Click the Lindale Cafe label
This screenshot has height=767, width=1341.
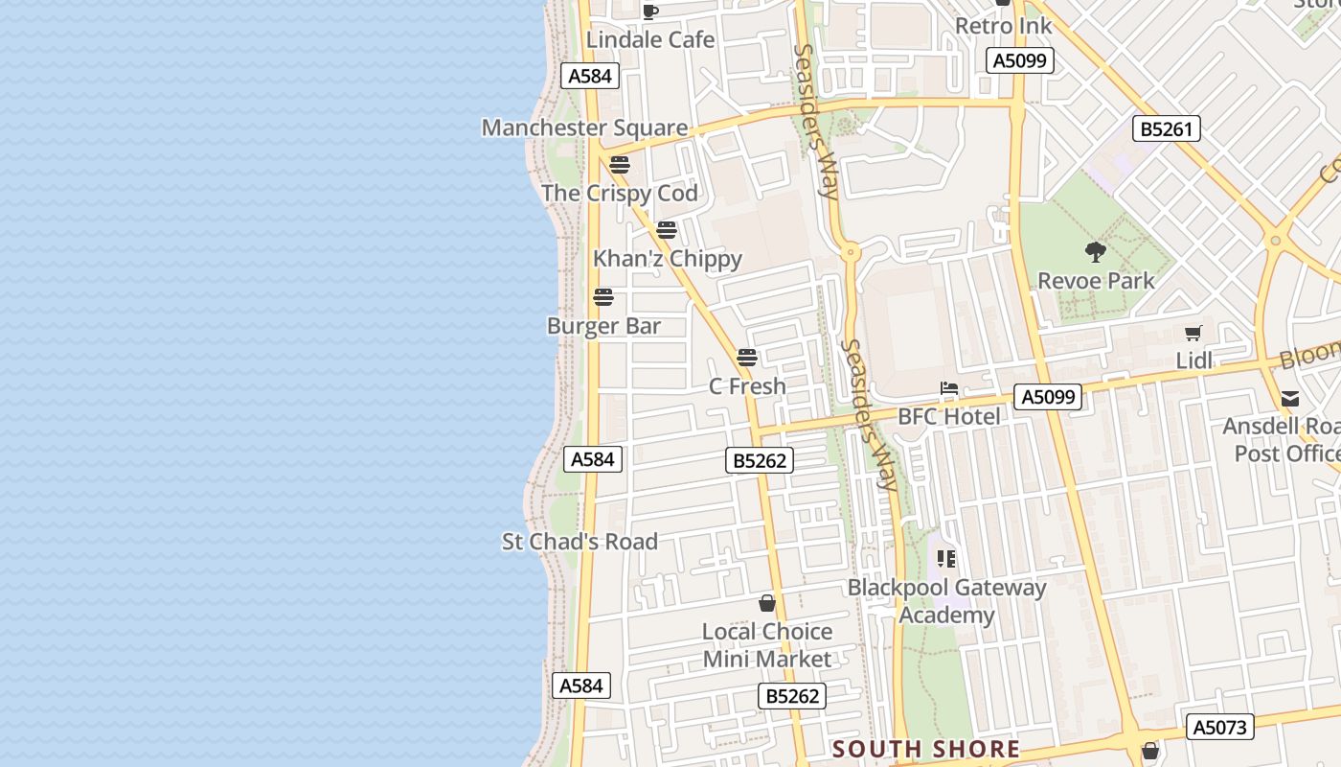[x=650, y=39]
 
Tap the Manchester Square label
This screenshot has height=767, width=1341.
[x=584, y=128]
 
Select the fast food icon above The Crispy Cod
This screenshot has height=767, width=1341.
[x=620, y=165]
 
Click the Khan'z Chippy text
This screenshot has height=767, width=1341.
[x=668, y=259]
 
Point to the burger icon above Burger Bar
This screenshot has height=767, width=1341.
[x=603, y=297]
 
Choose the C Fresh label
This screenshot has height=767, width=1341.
[x=747, y=386]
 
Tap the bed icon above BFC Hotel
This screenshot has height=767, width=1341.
[x=949, y=388]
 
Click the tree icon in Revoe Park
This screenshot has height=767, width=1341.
[x=1096, y=252]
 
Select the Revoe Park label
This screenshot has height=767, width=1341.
[x=1097, y=281]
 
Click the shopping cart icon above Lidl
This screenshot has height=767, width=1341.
[x=1193, y=333]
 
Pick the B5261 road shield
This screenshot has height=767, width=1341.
[x=1166, y=128]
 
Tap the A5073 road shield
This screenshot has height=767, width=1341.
[x=1219, y=727]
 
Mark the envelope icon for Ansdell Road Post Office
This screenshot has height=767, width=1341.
[x=1290, y=399]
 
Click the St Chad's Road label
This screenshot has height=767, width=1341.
[x=580, y=542]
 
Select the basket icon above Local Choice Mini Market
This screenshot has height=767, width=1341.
[x=767, y=603]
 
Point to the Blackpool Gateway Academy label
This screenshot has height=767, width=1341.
[x=946, y=601]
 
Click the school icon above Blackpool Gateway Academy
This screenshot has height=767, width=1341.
[x=946, y=558]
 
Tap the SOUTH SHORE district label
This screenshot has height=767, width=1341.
[x=926, y=749]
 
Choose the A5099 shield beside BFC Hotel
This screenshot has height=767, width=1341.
[x=1049, y=397]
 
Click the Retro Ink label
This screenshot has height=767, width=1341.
[x=1004, y=26]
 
